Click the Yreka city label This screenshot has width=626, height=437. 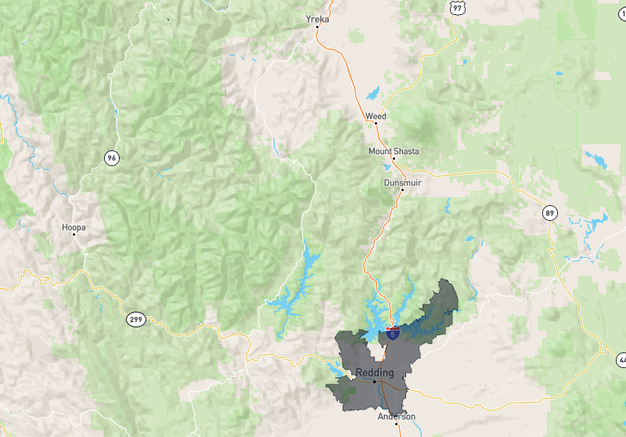318,19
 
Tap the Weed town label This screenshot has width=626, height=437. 376,116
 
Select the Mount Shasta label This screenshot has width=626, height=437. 394,150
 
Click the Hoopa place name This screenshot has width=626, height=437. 74,227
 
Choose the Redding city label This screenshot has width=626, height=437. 375,372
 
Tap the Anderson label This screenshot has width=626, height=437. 397,417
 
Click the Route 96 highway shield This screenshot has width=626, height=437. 113,158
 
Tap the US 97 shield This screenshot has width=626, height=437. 458,7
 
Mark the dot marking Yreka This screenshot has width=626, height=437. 318,27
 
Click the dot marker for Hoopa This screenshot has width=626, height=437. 74,235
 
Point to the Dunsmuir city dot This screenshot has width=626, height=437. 402,190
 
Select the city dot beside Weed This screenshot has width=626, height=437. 376,124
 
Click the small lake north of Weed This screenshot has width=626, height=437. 372,94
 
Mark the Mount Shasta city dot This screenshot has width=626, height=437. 394,158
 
